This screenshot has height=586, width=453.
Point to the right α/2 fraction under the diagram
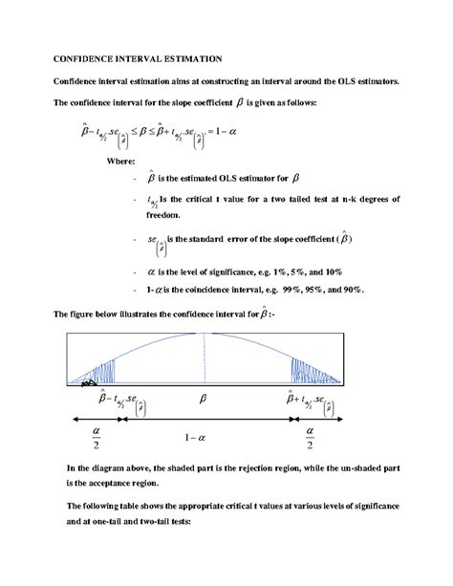(309, 441)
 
